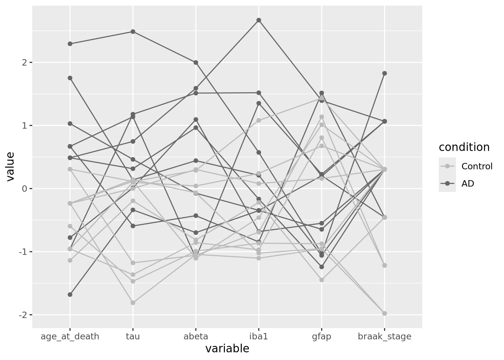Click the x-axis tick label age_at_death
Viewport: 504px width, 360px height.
[70, 336]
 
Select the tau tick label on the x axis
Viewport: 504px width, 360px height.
[133, 336]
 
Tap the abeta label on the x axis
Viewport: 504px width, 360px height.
[196, 336]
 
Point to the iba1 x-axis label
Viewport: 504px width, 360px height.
[259, 336]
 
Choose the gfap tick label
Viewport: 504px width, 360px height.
[321, 336]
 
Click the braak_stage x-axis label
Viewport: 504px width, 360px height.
[384, 336]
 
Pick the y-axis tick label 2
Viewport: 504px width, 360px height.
[25, 62]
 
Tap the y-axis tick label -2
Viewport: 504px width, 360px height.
[23, 315]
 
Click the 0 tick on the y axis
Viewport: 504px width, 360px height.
[25, 188]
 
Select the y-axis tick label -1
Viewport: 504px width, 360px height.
[23, 252]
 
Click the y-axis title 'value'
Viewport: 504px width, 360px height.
[10, 166]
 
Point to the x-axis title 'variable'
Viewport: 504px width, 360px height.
[227, 349]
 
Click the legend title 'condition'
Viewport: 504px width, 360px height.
[464, 147]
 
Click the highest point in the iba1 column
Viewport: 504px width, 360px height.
[259, 20]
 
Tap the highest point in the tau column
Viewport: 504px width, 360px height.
[133, 31]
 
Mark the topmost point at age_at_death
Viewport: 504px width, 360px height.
[70, 44]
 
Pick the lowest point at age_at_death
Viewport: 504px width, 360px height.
[70, 295]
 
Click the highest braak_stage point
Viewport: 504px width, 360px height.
[384, 73]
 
